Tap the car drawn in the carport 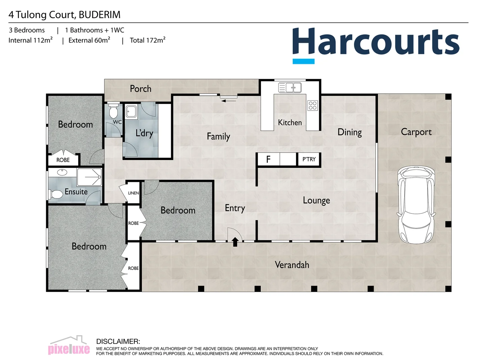pos(416,204)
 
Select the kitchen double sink pos(290,88)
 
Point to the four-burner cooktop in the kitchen pos(312,106)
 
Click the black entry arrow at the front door pos(235,242)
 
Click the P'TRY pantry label pos(309,159)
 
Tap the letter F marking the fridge pos(268,159)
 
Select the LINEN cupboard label pos(133,193)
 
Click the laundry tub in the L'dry pos(131,111)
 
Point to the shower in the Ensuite pos(89,177)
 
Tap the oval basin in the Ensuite pos(62,173)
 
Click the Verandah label pos(292,265)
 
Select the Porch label pos(140,89)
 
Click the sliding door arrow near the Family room pos(229,100)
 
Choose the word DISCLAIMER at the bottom pos(118,341)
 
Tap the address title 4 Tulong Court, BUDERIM pos(64,15)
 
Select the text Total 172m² pos(148,40)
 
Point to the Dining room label pos(350,132)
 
